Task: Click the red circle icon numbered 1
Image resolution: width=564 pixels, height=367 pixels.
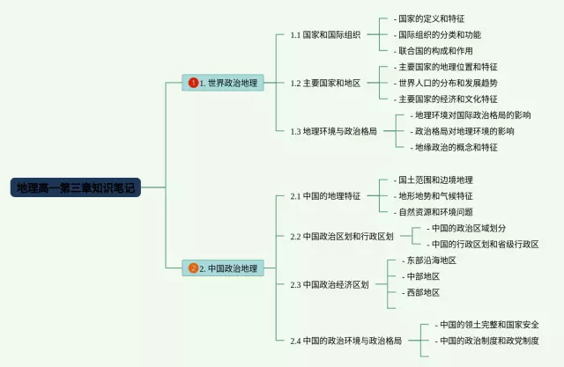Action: pyautogui.click(x=193, y=83)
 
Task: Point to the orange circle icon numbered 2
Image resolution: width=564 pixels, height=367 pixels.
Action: pyautogui.click(x=193, y=268)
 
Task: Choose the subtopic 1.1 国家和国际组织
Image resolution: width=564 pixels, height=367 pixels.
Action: pyautogui.click(x=325, y=35)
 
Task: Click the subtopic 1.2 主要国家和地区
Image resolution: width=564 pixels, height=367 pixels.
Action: pyautogui.click(x=325, y=83)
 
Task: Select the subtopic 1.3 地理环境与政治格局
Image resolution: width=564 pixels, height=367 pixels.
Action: pyautogui.click(x=334, y=131)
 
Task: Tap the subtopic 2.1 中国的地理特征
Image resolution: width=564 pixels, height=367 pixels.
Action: pyautogui.click(x=325, y=195)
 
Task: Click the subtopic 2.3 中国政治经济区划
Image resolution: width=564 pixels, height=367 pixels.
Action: pyautogui.click(x=330, y=284)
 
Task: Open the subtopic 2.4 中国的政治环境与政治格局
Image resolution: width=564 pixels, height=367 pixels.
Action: pyautogui.click(x=346, y=340)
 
